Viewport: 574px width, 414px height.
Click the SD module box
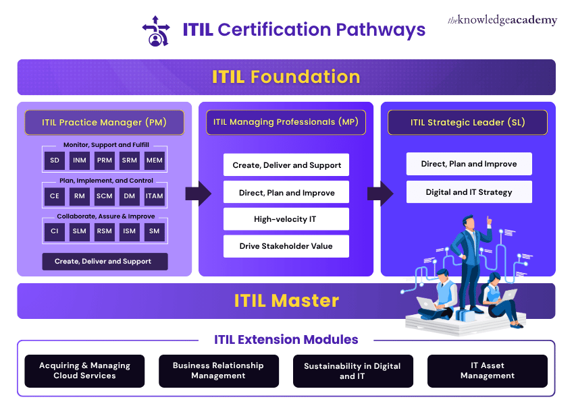(54, 161)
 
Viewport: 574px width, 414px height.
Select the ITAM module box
(155, 196)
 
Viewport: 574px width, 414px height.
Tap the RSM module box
(105, 231)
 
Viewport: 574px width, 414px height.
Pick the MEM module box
(155, 161)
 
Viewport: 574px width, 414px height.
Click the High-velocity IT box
(286, 219)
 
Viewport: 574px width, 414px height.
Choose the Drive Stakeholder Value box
(286, 246)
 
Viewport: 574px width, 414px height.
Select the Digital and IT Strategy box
(469, 192)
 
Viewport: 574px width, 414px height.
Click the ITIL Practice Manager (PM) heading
(104, 123)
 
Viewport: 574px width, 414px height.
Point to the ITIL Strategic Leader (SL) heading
(468, 123)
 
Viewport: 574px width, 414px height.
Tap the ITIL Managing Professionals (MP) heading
(286, 123)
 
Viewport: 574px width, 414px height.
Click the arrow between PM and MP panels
(198, 194)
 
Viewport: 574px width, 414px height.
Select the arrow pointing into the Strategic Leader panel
(380, 194)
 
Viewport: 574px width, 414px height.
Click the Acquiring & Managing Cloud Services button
(84, 371)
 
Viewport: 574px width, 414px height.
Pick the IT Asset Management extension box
(488, 371)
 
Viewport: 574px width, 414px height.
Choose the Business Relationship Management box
(218, 371)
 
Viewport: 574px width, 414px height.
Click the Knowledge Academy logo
(502, 20)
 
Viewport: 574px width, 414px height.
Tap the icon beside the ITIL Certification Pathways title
(156, 30)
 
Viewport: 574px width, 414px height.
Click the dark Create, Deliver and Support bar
(105, 262)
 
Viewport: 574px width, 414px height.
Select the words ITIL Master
(286, 301)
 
